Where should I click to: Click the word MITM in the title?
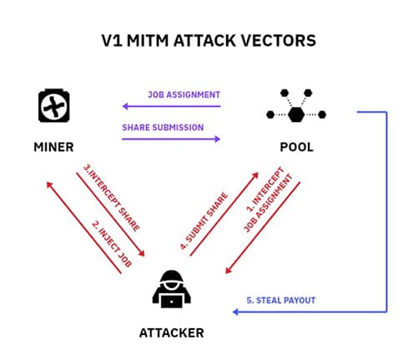click(148, 41)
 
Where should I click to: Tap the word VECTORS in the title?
click(278, 41)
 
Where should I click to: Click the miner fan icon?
click(54, 105)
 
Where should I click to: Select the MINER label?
click(53, 147)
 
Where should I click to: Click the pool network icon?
click(296, 106)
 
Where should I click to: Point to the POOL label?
click(297, 147)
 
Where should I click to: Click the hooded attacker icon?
click(172, 289)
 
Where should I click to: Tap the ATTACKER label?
click(172, 333)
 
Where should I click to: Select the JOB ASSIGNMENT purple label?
click(184, 94)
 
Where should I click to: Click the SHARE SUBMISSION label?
click(163, 128)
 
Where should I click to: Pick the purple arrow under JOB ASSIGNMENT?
click(171, 106)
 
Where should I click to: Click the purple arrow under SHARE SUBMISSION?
click(171, 139)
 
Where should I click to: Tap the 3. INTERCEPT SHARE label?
click(112, 198)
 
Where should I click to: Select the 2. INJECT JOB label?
click(112, 244)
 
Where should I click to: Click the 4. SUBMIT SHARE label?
click(204, 221)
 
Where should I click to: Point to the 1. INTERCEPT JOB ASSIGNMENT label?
click(269, 199)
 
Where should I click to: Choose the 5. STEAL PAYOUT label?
click(281, 301)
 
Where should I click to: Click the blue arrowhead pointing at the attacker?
click(235, 312)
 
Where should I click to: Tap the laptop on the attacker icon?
click(172, 302)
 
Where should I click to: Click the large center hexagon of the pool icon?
click(296, 114)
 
